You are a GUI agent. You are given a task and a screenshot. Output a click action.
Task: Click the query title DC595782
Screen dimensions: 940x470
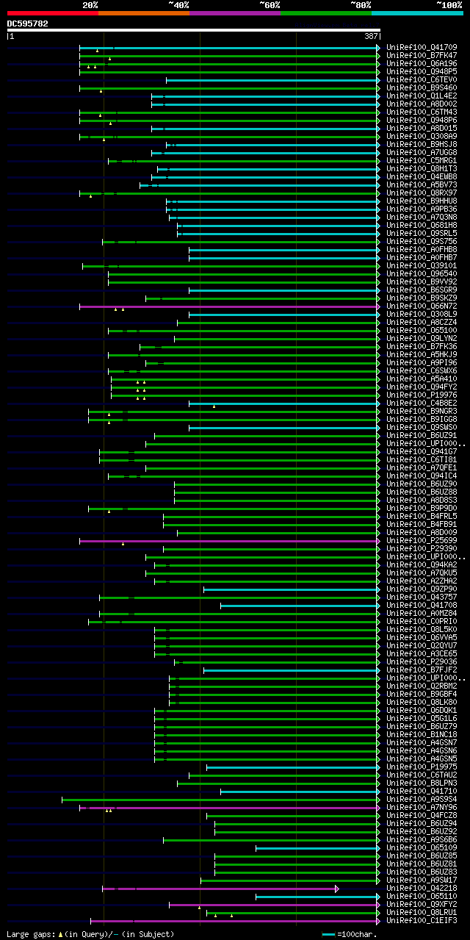28,24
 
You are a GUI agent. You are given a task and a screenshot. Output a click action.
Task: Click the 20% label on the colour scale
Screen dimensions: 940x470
90,5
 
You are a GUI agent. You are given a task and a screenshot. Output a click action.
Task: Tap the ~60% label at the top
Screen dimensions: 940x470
270,5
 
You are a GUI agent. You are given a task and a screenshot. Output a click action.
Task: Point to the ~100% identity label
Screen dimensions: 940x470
449,5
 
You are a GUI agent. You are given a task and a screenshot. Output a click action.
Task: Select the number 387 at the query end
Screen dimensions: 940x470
370,36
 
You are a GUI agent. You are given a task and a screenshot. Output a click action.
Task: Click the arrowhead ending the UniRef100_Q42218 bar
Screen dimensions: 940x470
337,889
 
